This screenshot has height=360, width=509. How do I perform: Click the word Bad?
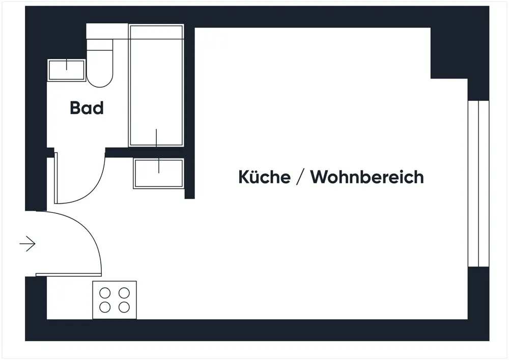click(87, 108)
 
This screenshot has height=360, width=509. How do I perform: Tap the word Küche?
click(264, 177)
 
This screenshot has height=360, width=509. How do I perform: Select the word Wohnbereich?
click(367, 177)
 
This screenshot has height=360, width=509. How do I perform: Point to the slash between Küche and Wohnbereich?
click(300, 177)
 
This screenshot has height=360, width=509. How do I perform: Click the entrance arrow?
click(27, 244)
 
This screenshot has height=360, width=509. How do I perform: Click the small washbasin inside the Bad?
click(66, 70)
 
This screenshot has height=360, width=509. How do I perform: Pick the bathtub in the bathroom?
click(156, 85)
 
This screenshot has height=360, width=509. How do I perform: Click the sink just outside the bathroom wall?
click(158, 173)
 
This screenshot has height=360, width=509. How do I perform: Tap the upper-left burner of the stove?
click(105, 293)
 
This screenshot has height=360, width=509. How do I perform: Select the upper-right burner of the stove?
click(124, 293)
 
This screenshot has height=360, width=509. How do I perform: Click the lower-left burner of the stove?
click(105, 307)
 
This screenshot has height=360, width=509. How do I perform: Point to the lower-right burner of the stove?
click(124, 307)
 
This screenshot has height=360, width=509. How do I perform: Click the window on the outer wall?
click(478, 183)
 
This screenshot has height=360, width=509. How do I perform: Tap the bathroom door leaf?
click(56, 178)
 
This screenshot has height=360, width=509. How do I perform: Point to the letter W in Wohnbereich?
click(320, 177)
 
